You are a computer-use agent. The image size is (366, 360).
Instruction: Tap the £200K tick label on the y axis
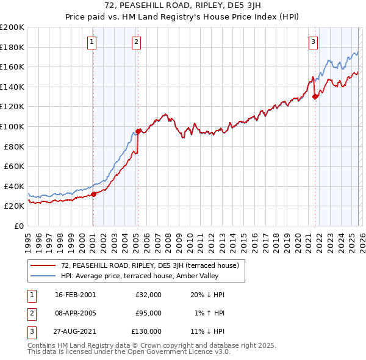12,27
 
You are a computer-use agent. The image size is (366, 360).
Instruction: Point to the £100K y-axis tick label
12,126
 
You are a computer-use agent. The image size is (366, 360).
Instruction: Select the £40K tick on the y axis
14,186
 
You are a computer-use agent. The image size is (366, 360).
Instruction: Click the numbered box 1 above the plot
91,42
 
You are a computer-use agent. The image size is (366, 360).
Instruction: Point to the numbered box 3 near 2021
313,42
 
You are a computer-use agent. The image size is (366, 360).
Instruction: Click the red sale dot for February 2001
94,194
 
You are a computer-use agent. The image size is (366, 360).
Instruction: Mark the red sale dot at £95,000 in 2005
138,131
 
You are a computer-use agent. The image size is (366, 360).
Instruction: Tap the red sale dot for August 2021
315,96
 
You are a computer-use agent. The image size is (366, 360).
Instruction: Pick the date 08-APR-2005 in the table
75,312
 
